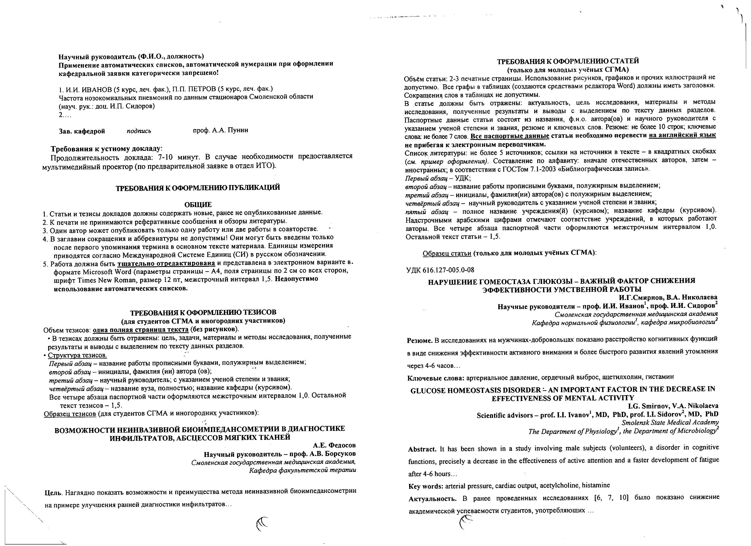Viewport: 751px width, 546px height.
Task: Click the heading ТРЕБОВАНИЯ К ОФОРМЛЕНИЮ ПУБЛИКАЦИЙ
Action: coord(198,188)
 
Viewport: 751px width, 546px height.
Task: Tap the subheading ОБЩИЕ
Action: coord(198,205)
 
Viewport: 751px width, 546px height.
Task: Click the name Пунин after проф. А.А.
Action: coord(237,130)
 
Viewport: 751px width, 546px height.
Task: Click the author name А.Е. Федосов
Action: coord(334,445)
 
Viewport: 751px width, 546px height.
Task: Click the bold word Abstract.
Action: coord(422,449)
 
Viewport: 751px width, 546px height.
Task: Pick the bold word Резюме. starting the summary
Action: coord(420,340)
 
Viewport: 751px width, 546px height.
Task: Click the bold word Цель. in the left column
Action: coord(53,493)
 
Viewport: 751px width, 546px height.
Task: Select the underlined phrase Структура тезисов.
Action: coord(77,355)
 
